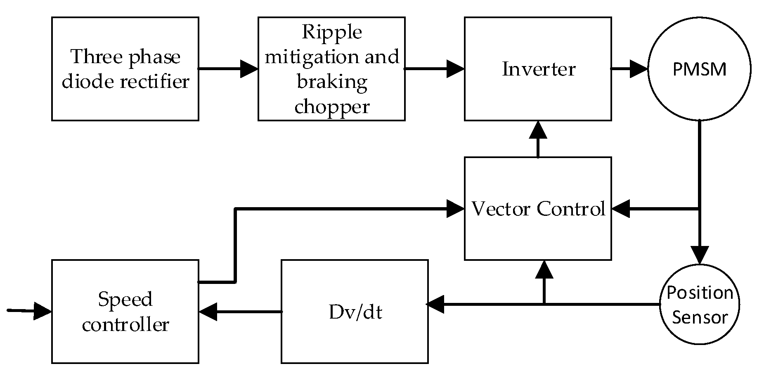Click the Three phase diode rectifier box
click(x=125, y=69)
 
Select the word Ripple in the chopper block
click(x=332, y=32)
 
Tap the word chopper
click(x=332, y=106)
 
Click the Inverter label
click(x=538, y=69)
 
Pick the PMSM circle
click(x=699, y=69)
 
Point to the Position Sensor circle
click(x=699, y=305)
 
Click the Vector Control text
click(x=538, y=209)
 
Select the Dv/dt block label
click(x=355, y=312)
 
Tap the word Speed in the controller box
click(x=125, y=299)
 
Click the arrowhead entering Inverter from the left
click(x=456, y=69)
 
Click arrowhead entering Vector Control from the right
click(x=620, y=209)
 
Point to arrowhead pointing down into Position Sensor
click(x=699, y=255)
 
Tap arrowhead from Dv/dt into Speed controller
click(x=208, y=312)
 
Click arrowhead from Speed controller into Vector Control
click(x=456, y=209)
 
